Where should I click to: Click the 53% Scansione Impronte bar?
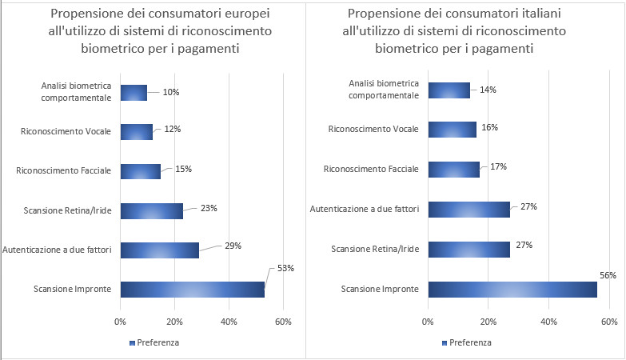[x=192, y=289]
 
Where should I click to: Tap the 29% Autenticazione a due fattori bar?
[x=159, y=250]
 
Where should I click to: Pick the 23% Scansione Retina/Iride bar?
[x=151, y=211]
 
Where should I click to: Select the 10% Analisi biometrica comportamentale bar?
[x=134, y=92]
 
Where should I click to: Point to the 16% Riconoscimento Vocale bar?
[x=452, y=130]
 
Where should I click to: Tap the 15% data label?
[x=183, y=170]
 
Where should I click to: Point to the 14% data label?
[x=488, y=90]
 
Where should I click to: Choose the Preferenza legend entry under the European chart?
[x=154, y=342]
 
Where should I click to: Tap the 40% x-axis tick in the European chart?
[x=229, y=322]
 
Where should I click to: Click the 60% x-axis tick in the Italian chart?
[x=608, y=322]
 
